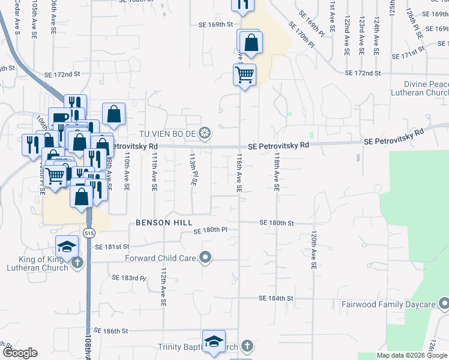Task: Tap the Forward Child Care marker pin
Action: [x=205, y=258]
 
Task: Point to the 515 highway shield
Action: [x=89, y=232]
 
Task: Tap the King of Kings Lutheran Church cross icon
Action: [x=76, y=262]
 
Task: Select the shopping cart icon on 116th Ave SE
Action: [x=244, y=75]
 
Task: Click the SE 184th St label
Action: [x=276, y=298]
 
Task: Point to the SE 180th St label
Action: [x=276, y=223]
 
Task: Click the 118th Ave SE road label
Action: [x=277, y=171]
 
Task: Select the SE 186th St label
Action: [x=112, y=331]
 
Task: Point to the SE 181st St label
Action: [x=112, y=247]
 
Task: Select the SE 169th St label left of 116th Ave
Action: [x=215, y=25]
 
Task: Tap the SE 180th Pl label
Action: [x=210, y=230]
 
